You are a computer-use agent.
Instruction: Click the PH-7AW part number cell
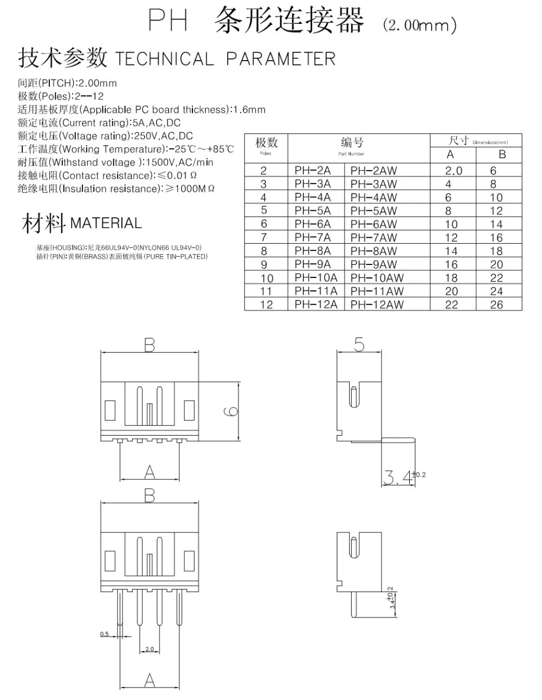pyautogui.click(x=373, y=237)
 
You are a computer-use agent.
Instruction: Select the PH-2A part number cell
pyautogui.click(x=313, y=171)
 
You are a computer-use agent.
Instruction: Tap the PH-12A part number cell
pyautogui.click(x=316, y=304)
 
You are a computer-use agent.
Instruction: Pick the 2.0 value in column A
pyautogui.click(x=454, y=171)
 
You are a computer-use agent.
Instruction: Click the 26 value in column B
pyautogui.click(x=496, y=304)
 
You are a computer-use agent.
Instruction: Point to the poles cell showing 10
pyautogui.click(x=267, y=278)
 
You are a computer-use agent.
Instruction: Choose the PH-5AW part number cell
pyautogui.click(x=373, y=211)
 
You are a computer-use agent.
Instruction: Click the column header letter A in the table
pyautogui.click(x=450, y=154)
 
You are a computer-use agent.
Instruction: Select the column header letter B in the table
pyautogui.click(x=502, y=154)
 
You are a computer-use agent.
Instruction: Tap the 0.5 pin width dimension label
pyautogui.click(x=105, y=634)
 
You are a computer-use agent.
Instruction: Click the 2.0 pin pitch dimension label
pyautogui.click(x=150, y=649)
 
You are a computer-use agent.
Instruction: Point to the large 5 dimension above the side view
pyautogui.click(x=359, y=345)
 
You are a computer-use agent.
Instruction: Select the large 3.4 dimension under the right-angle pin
pyautogui.click(x=398, y=477)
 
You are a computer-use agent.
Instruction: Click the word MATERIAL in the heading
pyautogui.click(x=106, y=223)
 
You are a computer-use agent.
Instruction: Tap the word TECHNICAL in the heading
pyautogui.click(x=165, y=59)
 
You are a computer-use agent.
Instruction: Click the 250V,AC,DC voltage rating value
pyautogui.click(x=163, y=135)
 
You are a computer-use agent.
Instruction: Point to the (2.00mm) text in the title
pyautogui.click(x=420, y=25)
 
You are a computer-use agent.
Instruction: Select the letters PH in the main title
pyautogui.click(x=168, y=20)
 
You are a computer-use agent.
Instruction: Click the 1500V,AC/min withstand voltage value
pyautogui.click(x=179, y=162)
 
